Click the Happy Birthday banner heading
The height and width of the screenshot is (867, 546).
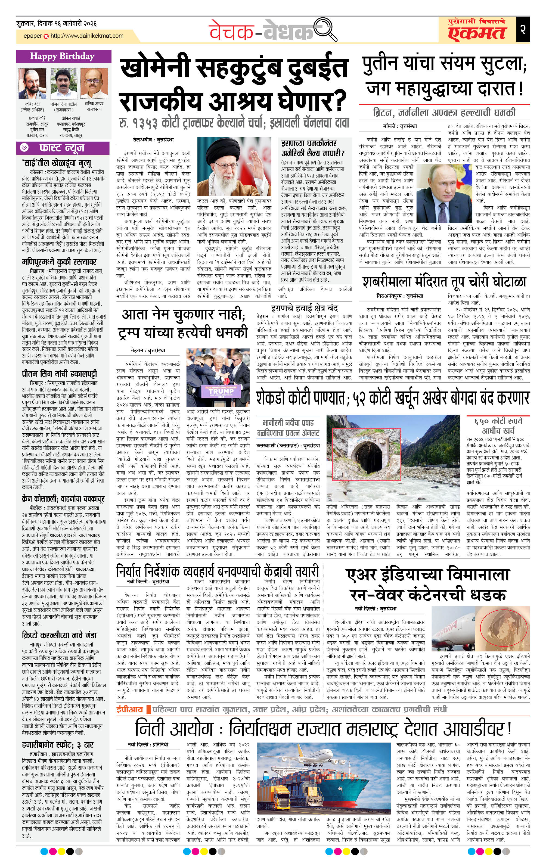click(x=62, y=56)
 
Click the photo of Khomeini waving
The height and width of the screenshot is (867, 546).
click(x=234, y=166)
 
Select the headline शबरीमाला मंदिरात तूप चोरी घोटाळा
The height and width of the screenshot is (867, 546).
click(x=444, y=282)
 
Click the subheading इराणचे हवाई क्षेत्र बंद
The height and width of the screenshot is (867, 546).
click(x=304, y=308)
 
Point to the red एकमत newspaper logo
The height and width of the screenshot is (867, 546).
click(x=477, y=32)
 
